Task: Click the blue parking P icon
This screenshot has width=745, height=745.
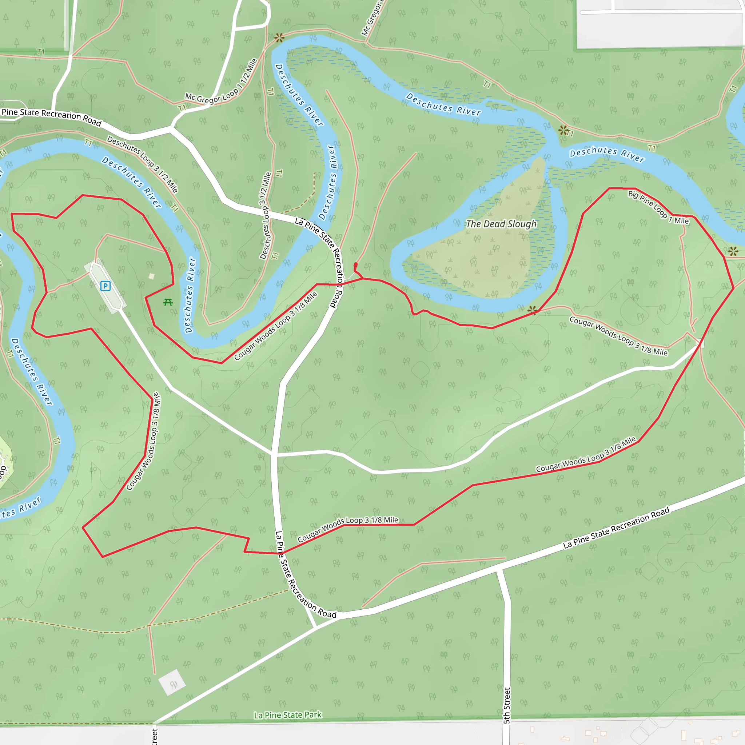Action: pos(105,286)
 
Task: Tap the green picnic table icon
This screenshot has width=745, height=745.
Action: pos(168,302)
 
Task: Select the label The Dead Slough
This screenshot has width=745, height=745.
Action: pos(501,224)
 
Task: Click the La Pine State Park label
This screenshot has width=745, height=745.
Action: pos(287,715)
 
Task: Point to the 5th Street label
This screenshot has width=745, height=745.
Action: pos(507,705)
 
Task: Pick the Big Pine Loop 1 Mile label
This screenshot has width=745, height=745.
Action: pos(658,207)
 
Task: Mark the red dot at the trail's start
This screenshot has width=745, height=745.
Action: pos(355,265)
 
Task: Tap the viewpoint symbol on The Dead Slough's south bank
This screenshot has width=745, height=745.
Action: pos(533,310)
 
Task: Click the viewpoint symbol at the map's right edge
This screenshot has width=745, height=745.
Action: pos(733,251)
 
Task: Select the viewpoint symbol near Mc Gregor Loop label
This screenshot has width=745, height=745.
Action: pos(279,38)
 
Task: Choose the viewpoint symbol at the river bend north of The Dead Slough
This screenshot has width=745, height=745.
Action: pos(563,130)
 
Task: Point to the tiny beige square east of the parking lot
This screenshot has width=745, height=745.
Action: pos(152,276)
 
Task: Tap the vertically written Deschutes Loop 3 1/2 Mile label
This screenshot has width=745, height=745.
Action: pos(265,216)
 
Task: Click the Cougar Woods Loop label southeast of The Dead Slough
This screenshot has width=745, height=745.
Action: pos(618,336)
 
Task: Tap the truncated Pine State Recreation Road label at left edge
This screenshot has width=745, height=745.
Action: pos(51,117)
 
